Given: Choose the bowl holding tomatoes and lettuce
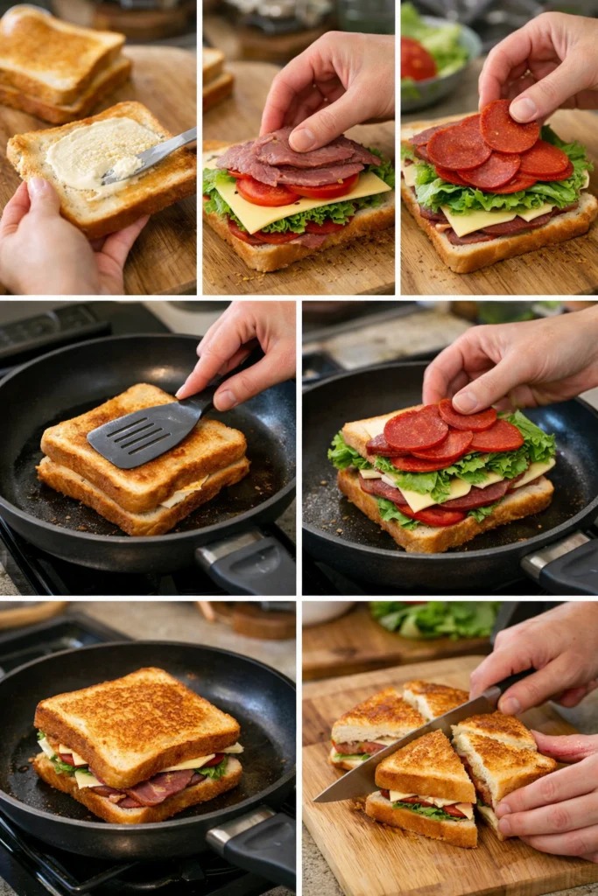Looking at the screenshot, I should pyautogui.click(x=438, y=61).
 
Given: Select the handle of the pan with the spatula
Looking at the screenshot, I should pyautogui.click(x=250, y=564).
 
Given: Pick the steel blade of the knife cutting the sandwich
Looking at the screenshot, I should pyautogui.click(x=403, y=748).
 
